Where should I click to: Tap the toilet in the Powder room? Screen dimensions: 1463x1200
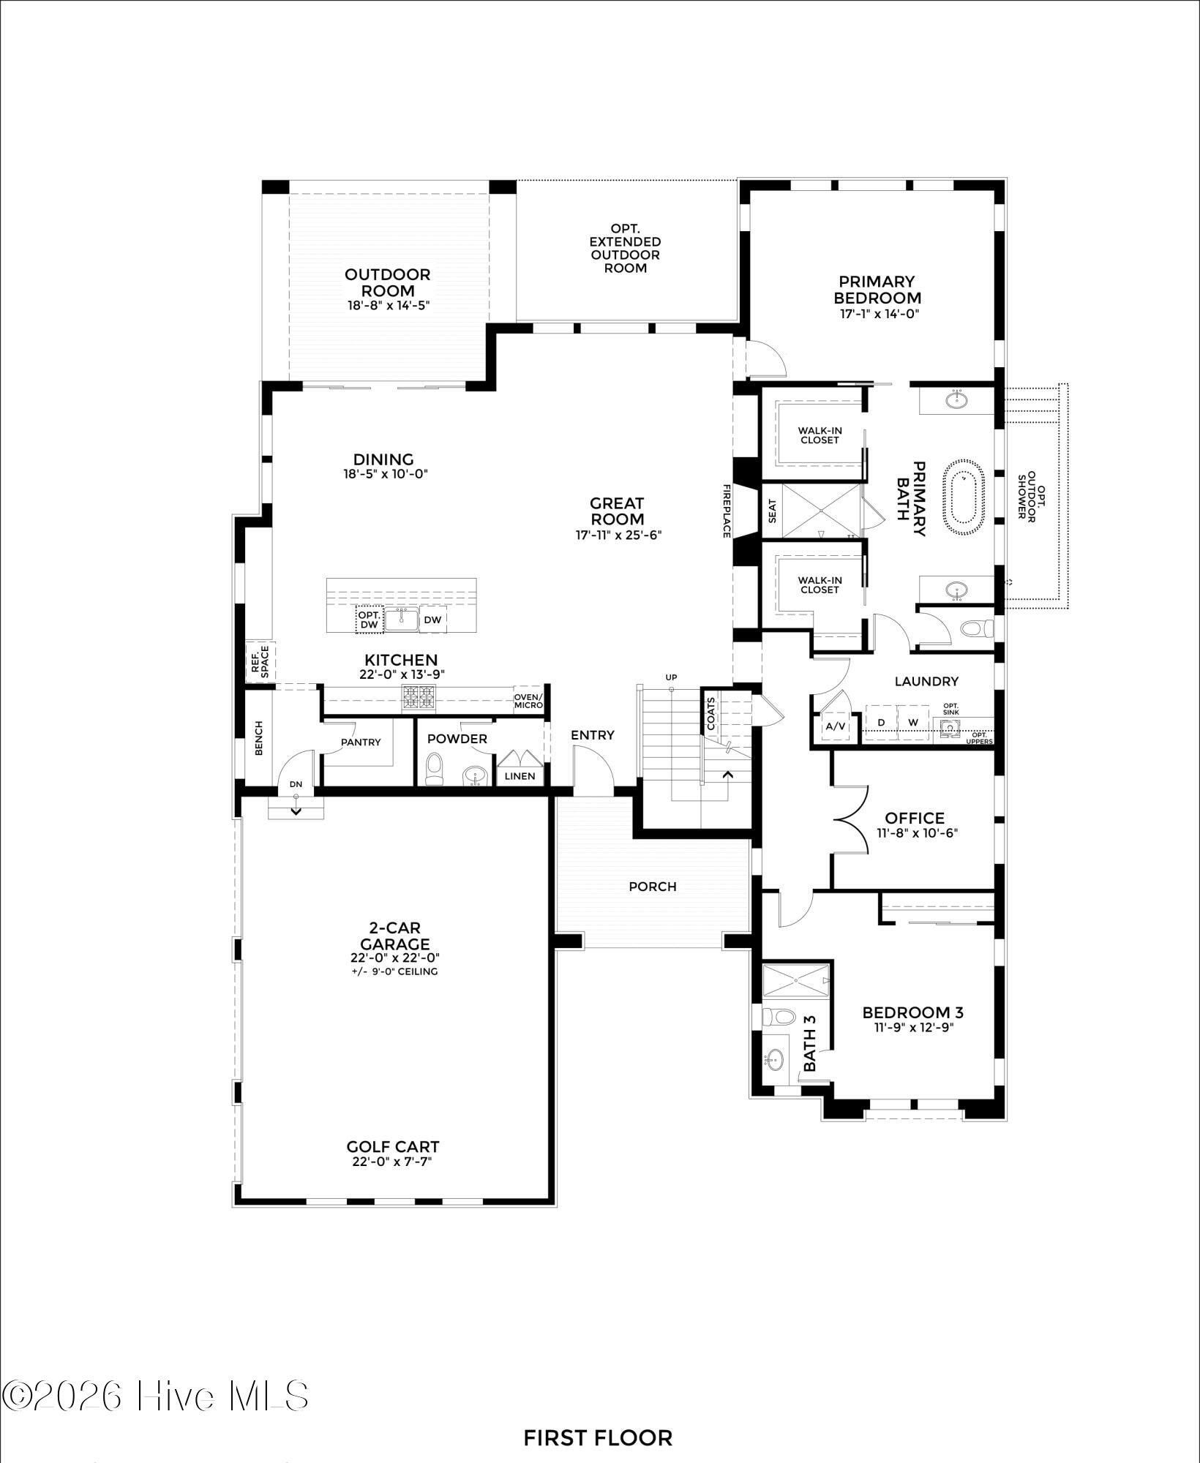435,769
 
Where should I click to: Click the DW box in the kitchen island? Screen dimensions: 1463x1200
433,620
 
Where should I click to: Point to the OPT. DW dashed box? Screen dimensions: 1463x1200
370,620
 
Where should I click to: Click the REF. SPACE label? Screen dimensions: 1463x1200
260,661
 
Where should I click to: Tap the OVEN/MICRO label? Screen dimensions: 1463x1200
528,700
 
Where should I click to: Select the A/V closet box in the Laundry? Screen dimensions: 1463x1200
835,726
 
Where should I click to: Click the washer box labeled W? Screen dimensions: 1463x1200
913,722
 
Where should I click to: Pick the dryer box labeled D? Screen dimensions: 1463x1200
882,722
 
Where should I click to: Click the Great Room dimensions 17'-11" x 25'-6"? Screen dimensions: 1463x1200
618,535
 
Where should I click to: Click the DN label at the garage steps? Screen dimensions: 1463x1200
296,784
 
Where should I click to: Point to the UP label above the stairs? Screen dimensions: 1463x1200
671,677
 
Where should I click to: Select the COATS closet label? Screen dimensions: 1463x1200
711,713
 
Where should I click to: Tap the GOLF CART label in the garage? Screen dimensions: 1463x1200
393,1147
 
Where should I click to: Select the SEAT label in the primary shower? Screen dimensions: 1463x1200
773,511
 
